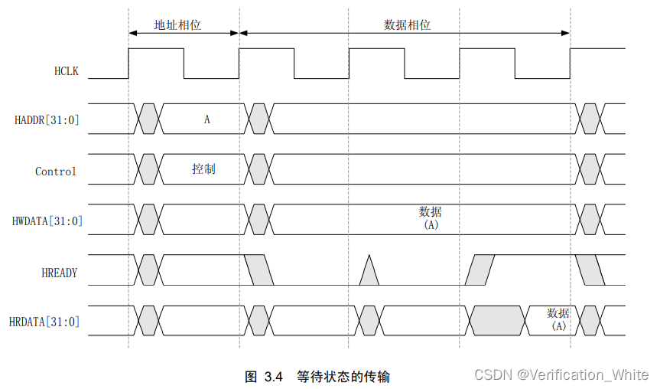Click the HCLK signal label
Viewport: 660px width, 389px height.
(x=67, y=72)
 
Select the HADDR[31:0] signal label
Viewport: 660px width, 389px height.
(x=47, y=120)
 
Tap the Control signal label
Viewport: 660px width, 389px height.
(x=56, y=172)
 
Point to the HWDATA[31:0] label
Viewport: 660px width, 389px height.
(x=47, y=221)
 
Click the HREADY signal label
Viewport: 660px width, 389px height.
(x=59, y=272)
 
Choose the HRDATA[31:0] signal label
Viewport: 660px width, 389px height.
(x=44, y=322)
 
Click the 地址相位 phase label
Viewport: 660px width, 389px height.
(x=177, y=25)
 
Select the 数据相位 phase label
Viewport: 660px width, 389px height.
(x=407, y=25)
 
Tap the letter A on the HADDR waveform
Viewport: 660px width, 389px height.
(x=206, y=119)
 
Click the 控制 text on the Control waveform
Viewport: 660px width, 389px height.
(x=203, y=168)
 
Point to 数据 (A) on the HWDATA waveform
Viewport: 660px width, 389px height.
(x=430, y=218)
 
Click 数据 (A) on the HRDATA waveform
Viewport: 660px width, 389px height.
(x=558, y=319)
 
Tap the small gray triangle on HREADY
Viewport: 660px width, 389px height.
(x=369, y=273)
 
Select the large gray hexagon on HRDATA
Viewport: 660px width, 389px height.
(x=498, y=320)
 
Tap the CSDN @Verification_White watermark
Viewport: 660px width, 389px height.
(x=561, y=374)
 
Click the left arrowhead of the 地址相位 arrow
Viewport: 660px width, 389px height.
(x=132, y=33)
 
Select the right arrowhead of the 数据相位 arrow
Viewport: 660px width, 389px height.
(x=566, y=33)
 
